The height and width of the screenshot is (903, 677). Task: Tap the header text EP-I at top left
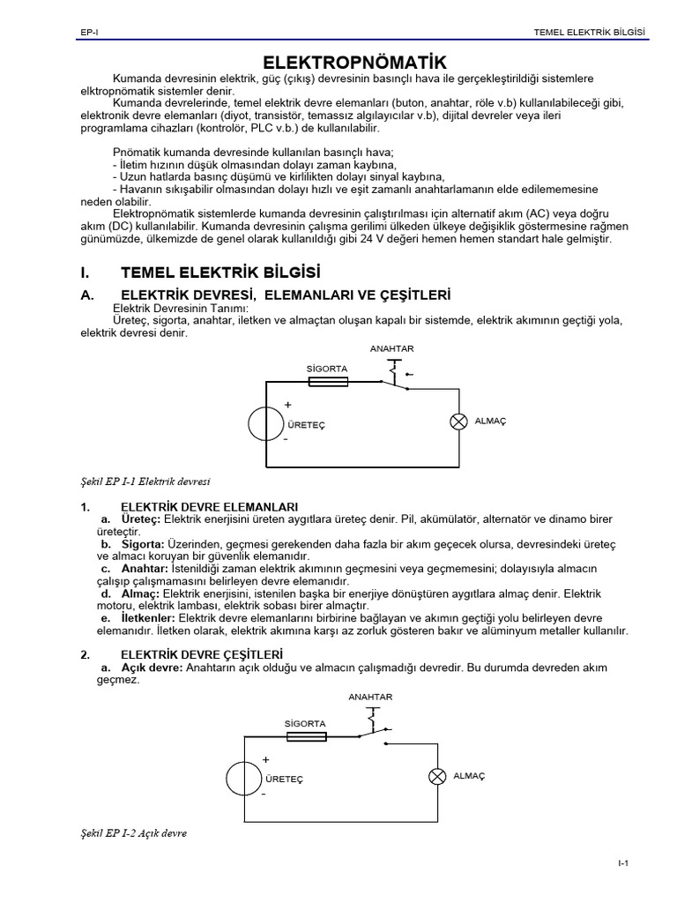click(87, 33)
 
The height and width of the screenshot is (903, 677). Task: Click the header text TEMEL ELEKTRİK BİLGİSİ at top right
click(590, 33)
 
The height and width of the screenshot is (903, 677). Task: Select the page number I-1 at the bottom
click(622, 862)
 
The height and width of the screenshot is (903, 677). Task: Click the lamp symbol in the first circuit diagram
click(458, 422)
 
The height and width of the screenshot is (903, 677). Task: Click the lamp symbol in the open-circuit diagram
click(436, 776)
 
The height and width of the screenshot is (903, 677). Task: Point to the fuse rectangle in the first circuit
click(328, 381)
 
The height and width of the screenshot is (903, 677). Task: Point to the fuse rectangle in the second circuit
click(306, 736)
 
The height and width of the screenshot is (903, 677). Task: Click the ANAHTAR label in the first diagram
click(391, 349)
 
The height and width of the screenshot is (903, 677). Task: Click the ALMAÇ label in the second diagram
click(469, 776)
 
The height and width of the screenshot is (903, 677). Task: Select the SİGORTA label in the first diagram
click(327, 367)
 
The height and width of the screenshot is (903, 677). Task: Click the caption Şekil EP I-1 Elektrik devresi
click(145, 481)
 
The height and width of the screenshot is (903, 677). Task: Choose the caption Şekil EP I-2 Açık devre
click(134, 833)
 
